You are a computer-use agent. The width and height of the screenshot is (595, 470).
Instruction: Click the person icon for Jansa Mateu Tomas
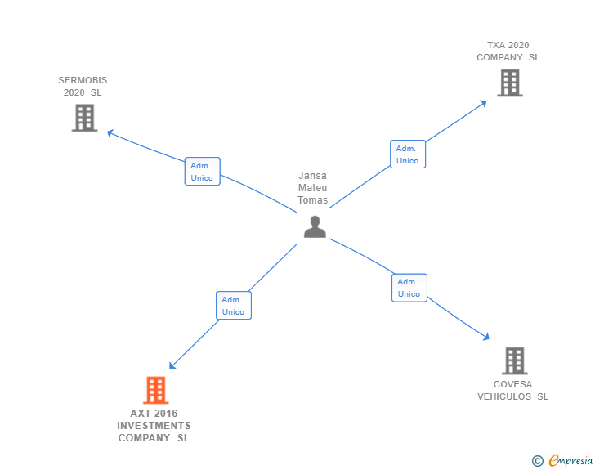315,226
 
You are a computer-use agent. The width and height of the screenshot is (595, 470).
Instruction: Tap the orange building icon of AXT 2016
155,390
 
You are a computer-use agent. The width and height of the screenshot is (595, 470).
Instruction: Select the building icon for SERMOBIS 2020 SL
84,118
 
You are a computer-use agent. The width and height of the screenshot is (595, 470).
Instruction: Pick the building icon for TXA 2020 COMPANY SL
509,83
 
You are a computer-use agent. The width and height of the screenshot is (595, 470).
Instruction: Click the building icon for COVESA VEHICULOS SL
514,360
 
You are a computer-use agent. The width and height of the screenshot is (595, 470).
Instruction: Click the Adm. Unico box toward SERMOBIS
202,172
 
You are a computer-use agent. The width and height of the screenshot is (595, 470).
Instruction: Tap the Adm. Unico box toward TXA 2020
407,154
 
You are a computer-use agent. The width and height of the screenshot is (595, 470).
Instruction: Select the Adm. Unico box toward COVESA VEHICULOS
409,288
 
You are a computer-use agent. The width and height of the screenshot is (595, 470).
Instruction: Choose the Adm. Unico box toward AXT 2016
233,306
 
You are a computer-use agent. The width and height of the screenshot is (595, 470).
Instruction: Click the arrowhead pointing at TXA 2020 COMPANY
484,103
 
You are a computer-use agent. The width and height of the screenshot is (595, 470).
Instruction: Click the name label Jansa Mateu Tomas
313,188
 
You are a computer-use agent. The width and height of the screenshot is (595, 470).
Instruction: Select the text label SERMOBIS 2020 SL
83,86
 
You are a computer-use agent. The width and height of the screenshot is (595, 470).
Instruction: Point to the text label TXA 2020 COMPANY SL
508,51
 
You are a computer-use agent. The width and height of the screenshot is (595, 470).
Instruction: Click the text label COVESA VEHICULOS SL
512,390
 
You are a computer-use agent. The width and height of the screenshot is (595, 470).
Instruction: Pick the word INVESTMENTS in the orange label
154,426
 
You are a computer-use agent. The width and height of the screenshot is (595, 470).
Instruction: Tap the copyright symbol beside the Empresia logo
538,462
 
